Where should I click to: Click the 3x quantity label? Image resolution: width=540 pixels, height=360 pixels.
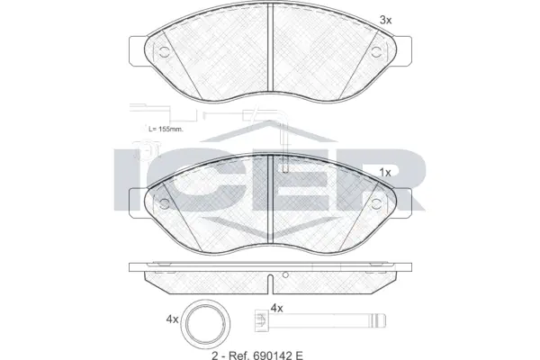coord(385,19)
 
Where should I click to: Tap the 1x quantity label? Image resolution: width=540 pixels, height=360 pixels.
coord(384,171)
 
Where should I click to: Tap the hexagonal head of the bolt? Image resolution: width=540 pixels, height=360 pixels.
coord(261,319)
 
